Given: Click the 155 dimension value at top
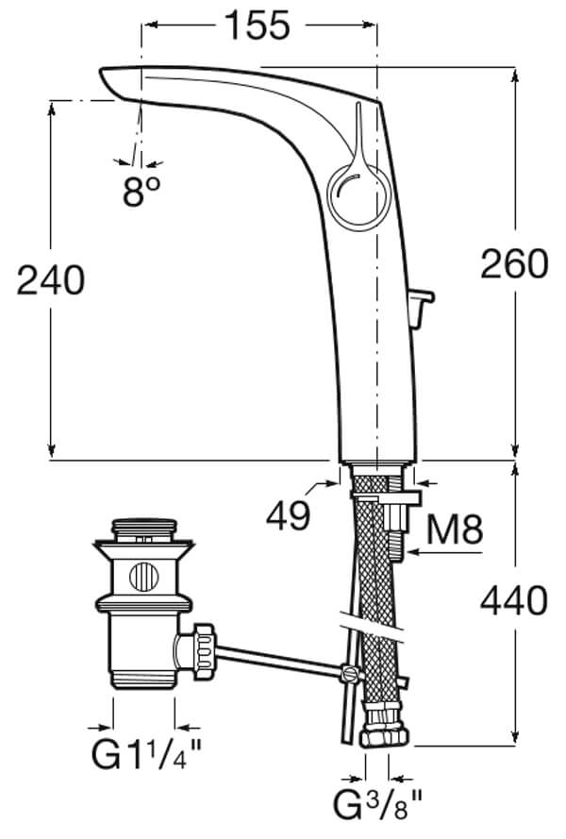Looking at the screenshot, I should click(257, 25).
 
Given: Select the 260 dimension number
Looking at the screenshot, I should click(513, 264).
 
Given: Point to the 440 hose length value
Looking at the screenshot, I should click(513, 600).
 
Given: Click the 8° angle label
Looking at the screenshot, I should click(141, 191).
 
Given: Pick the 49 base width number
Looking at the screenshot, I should click(288, 515).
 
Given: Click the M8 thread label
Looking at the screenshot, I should click(455, 530).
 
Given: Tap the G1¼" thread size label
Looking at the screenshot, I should click(145, 758).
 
